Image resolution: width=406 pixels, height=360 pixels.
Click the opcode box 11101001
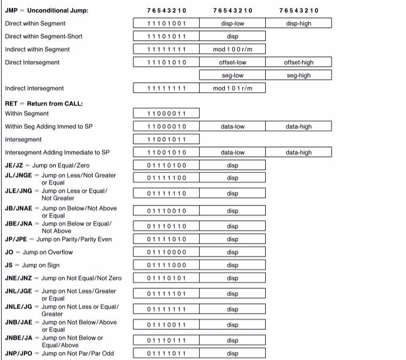point(166,23)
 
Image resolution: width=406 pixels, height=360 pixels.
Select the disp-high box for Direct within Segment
point(299,23)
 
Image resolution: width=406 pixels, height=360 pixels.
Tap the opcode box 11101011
point(166,37)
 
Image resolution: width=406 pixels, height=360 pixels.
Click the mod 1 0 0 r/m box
point(232,49)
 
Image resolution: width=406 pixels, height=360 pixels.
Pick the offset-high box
point(299,63)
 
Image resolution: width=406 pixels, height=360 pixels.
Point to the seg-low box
point(232,75)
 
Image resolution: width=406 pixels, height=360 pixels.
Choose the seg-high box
point(299,75)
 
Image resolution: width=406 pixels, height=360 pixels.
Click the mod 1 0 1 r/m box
point(232,88)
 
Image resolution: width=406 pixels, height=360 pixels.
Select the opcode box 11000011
point(166,114)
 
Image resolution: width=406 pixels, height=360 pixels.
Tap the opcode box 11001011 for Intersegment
point(166,140)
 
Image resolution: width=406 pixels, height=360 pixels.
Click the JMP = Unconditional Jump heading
point(47,11)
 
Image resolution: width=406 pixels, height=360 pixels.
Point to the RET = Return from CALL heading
point(44,104)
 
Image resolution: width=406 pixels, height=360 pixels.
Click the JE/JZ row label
point(40,166)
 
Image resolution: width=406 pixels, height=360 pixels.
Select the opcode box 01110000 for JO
point(166,252)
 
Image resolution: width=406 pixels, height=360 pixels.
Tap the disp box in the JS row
point(232,265)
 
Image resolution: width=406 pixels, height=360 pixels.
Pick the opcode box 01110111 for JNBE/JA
point(166,340)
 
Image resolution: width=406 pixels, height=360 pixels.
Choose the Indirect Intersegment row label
point(34,88)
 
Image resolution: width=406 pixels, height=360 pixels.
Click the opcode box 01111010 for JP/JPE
point(166,239)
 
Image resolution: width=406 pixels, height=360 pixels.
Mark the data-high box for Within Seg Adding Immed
point(299,127)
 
